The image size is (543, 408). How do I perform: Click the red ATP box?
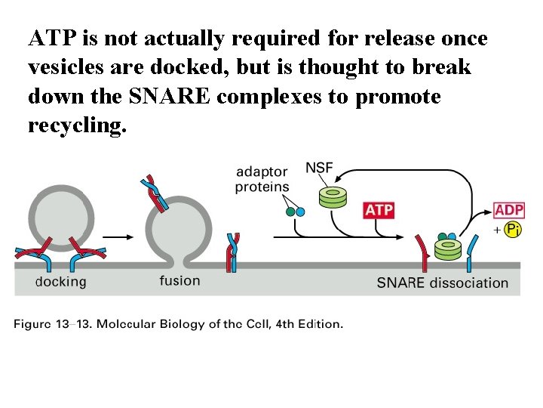point(379,209)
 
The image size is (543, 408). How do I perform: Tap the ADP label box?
point(509,209)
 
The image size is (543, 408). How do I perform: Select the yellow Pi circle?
point(514,230)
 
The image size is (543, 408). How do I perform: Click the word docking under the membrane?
point(60,283)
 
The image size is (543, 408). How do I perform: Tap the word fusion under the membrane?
point(179,281)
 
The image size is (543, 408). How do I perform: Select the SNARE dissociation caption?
point(443,283)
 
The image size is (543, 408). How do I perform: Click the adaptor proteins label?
point(262,180)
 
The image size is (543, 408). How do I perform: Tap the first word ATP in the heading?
point(51,38)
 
